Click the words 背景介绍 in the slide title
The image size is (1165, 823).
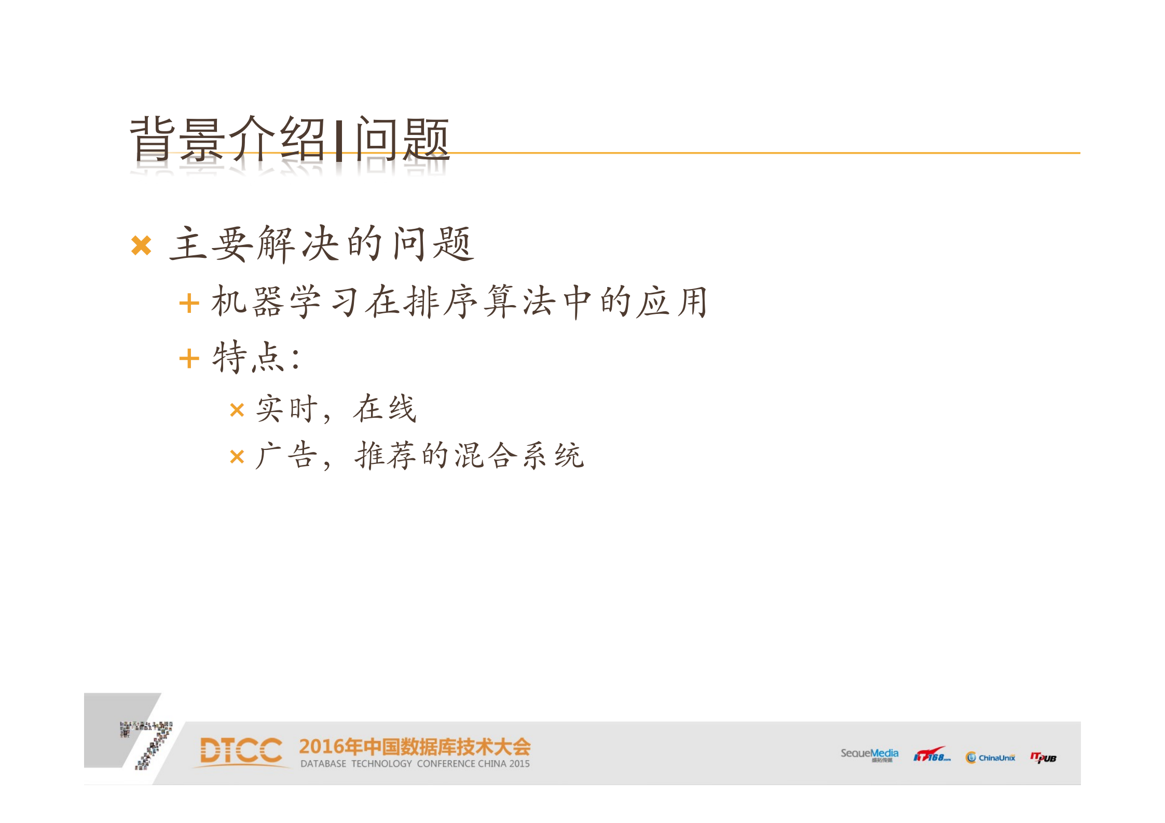point(227,139)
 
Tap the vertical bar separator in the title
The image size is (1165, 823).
point(339,140)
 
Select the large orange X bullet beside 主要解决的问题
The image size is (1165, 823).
point(141,245)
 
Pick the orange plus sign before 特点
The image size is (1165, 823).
point(189,359)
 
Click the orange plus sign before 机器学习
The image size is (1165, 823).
point(189,304)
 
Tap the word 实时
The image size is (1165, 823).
point(287,408)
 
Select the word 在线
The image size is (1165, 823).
point(385,408)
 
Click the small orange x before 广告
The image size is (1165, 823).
point(237,457)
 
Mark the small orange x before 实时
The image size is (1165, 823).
point(237,410)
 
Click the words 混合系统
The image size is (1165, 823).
point(519,456)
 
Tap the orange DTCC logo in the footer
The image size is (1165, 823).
point(241,751)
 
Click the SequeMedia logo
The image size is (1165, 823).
point(869,754)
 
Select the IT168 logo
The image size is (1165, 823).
point(931,755)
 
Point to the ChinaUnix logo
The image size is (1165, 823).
point(990,758)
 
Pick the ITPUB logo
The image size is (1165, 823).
point(1043,758)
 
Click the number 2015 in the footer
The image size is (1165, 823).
point(519,764)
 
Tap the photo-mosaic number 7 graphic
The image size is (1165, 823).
point(148,742)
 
